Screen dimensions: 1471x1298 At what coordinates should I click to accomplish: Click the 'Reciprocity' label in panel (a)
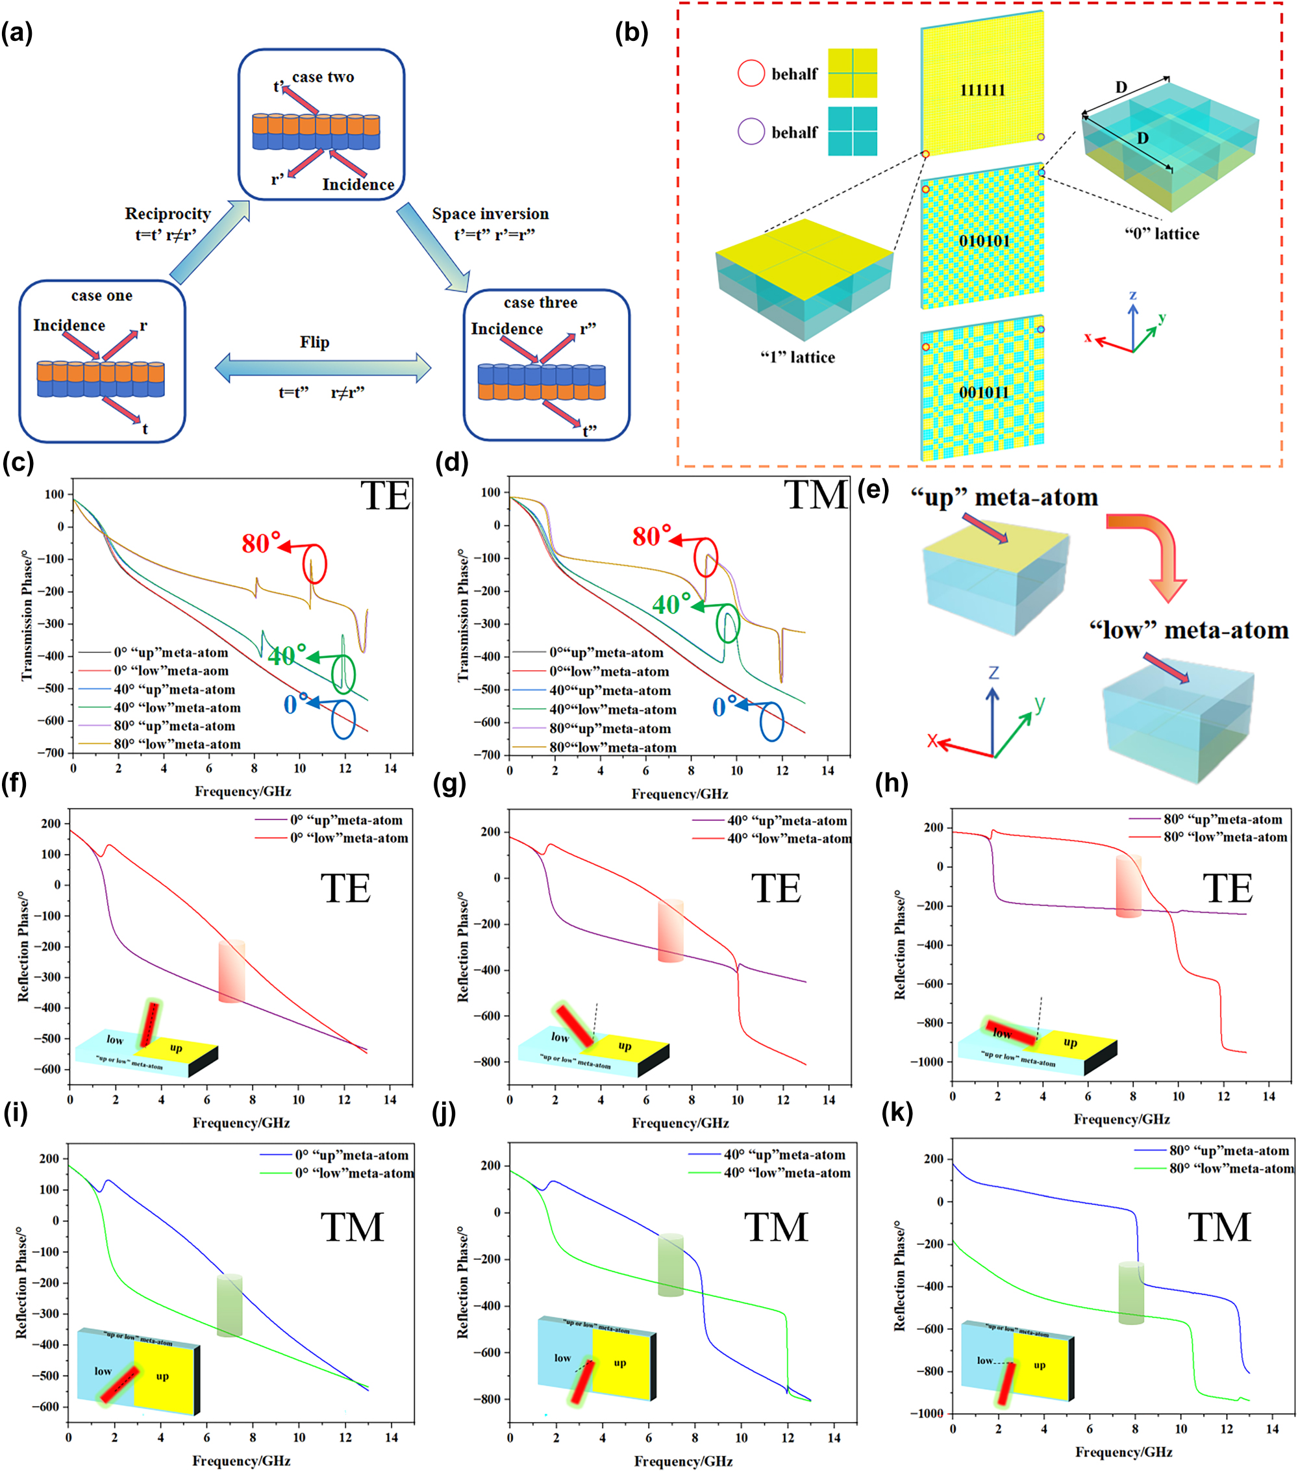tap(168, 214)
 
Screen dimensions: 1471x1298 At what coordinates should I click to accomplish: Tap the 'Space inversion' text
tap(490, 214)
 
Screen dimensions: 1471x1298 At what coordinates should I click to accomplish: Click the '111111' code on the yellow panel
tap(982, 90)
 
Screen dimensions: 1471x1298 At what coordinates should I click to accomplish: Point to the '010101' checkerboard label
tap(984, 240)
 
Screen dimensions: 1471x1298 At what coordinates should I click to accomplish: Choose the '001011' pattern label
tap(984, 392)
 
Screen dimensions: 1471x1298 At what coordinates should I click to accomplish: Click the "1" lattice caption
tap(797, 357)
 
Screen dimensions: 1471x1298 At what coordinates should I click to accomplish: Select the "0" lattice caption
tap(1161, 233)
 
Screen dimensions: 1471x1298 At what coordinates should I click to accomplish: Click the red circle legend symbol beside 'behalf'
tap(751, 73)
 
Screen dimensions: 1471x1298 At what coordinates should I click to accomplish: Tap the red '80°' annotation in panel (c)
tap(260, 544)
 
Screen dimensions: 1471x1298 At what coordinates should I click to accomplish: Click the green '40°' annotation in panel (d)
tap(671, 604)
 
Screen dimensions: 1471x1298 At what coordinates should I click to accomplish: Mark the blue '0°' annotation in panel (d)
tap(724, 707)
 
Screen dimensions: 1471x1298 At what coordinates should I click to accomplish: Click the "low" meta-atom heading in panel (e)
tap(1188, 631)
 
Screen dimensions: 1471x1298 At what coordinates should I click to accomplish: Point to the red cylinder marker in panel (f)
tap(232, 971)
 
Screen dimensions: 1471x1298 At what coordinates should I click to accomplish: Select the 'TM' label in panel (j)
tap(776, 1226)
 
